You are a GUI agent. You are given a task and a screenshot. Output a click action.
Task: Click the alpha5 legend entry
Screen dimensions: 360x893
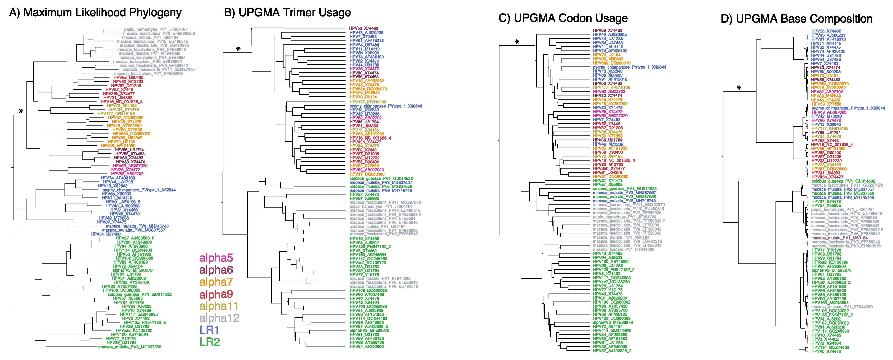click(x=216, y=258)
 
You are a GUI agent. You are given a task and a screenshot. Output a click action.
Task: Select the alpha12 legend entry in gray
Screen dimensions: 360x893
click(x=219, y=318)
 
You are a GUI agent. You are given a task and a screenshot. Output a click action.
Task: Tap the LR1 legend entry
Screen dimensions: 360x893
click(x=209, y=330)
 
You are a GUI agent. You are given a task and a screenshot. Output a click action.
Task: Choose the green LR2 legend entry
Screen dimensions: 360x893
click(x=209, y=342)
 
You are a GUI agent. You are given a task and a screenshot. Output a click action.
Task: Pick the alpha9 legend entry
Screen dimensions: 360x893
click(x=216, y=294)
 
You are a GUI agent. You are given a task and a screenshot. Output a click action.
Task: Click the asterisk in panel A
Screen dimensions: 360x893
click(x=21, y=112)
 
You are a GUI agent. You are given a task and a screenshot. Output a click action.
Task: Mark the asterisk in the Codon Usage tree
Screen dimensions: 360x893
click(x=517, y=42)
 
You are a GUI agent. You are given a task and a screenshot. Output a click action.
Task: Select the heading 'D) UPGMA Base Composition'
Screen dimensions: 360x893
click(x=796, y=19)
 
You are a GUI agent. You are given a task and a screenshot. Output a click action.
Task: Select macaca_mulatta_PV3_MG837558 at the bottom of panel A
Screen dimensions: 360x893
click(x=129, y=347)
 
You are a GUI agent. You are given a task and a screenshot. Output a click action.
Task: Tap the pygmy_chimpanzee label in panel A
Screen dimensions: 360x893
click(x=139, y=190)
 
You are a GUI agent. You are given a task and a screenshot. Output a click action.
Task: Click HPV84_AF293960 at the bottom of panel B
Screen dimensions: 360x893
click(x=367, y=346)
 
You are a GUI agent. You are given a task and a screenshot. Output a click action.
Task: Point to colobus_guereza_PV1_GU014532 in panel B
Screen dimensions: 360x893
click(x=381, y=178)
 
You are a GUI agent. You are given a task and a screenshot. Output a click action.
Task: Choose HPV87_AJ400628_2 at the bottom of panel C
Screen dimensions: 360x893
click(x=612, y=351)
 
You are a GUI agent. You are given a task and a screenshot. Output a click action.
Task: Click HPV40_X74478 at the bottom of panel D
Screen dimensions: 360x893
click(x=826, y=351)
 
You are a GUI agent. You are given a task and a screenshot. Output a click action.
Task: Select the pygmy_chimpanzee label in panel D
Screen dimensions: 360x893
click(x=848, y=108)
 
